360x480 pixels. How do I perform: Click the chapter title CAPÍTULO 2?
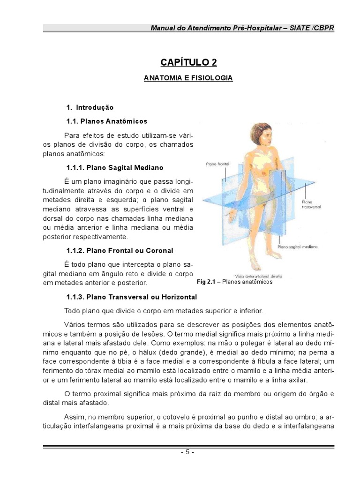188,62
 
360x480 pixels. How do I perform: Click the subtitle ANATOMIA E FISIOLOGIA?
188,78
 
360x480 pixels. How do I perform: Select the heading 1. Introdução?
90,107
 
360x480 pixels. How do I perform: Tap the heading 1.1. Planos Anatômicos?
107,121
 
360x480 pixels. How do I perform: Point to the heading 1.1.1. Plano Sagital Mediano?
115,167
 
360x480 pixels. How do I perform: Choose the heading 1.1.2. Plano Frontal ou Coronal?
120,250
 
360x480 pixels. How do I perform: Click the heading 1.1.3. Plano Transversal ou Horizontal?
132,297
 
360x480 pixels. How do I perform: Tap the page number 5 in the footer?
188,452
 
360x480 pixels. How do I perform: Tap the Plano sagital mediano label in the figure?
298,246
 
